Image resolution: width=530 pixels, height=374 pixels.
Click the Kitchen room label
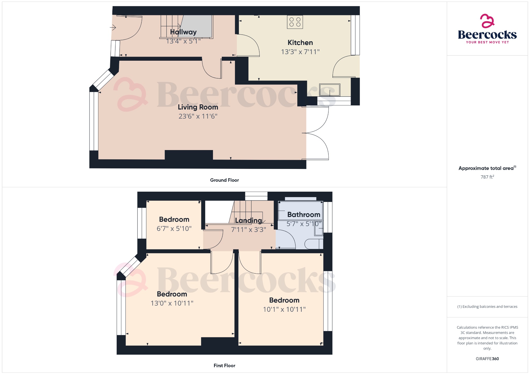click(x=300, y=43)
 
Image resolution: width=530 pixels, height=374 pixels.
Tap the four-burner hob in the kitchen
click(x=295, y=22)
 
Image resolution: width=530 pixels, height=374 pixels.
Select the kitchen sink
click(x=329, y=90)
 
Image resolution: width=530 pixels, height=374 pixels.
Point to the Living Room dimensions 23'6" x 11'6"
click(x=198, y=116)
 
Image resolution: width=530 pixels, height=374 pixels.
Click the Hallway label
click(x=183, y=32)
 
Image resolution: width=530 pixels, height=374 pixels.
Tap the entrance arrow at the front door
click(x=113, y=27)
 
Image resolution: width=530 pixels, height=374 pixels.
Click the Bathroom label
click(x=304, y=215)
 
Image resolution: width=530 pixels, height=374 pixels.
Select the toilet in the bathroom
click(x=313, y=244)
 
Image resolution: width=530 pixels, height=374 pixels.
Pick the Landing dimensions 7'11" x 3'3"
click(x=248, y=230)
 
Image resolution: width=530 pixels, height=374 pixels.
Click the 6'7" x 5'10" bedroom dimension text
click(x=174, y=229)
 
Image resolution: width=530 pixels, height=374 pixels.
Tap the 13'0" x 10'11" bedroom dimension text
click(x=172, y=303)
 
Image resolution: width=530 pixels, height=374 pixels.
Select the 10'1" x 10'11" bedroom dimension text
click(x=284, y=309)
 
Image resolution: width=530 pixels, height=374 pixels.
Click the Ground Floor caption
click(x=224, y=180)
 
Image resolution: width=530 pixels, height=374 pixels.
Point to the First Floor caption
click(x=224, y=365)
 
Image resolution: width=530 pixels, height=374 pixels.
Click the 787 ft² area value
click(x=487, y=177)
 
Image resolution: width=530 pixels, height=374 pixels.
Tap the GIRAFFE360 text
click(x=487, y=359)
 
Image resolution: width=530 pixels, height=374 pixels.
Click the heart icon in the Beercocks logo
click(x=487, y=21)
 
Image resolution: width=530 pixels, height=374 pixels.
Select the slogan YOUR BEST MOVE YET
click(x=487, y=42)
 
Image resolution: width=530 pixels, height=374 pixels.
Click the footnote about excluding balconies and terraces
click(x=487, y=307)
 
